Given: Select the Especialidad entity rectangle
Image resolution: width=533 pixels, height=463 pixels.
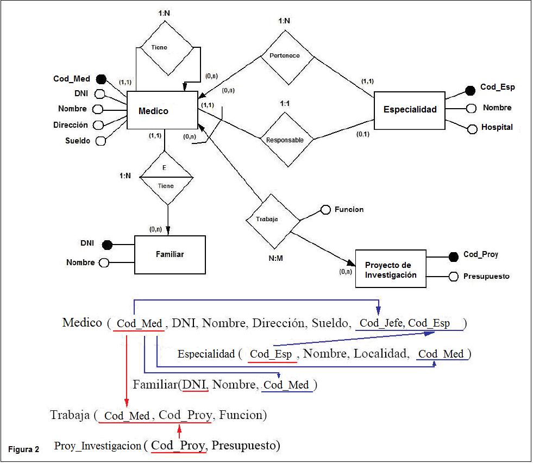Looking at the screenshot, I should [409, 110].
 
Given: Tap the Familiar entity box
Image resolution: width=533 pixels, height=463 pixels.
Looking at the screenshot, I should [170, 254].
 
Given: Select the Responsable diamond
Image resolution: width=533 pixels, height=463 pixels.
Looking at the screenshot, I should [285, 140].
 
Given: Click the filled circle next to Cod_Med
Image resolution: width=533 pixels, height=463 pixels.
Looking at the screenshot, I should [101, 79].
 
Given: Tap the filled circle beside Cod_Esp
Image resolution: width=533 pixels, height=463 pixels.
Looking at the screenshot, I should [471, 89].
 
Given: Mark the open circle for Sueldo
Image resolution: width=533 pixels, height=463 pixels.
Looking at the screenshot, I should [100, 141].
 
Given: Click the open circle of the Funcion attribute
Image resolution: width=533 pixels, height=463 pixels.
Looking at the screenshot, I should [325, 210].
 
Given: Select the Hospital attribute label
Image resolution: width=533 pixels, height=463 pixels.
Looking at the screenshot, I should [497, 128].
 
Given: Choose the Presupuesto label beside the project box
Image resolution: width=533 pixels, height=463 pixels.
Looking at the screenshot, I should [486, 276].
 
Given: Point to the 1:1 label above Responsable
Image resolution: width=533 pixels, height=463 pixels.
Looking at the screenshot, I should [284, 103].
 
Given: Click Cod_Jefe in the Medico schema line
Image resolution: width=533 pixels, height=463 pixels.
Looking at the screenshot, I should [381, 323].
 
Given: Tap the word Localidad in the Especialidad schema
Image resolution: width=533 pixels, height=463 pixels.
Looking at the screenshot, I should [381, 354].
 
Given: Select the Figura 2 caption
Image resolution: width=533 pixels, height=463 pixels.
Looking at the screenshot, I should [23, 449].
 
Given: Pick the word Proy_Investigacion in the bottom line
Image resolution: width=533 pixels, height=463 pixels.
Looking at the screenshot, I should [98, 446].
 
